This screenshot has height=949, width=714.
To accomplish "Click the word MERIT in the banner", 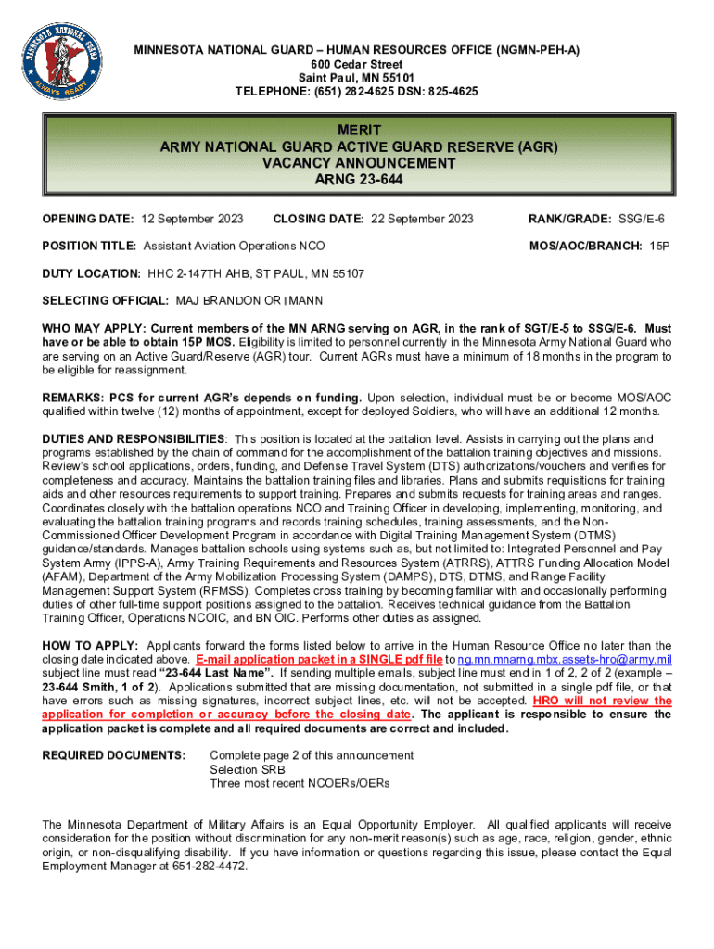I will [358, 131].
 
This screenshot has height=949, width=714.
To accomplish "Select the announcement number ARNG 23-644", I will [358, 179].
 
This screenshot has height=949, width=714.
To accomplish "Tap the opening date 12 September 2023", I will [192, 219].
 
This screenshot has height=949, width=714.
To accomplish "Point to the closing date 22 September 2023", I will [422, 219].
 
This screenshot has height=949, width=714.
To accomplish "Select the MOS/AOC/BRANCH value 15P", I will [659, 247].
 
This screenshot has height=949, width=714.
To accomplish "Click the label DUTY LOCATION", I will [91, 274].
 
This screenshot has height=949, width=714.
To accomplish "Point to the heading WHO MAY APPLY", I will [94, 329].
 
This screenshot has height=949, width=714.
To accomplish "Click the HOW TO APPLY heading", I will [91, 646].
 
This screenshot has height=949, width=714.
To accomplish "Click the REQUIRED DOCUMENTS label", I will [114, 755].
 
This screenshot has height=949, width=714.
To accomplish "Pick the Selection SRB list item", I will [248, 769].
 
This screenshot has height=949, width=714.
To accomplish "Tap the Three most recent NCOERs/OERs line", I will [300, 783].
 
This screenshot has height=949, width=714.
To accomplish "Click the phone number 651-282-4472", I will [205, 867].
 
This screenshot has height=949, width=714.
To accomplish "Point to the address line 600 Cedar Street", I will [357, 64].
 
